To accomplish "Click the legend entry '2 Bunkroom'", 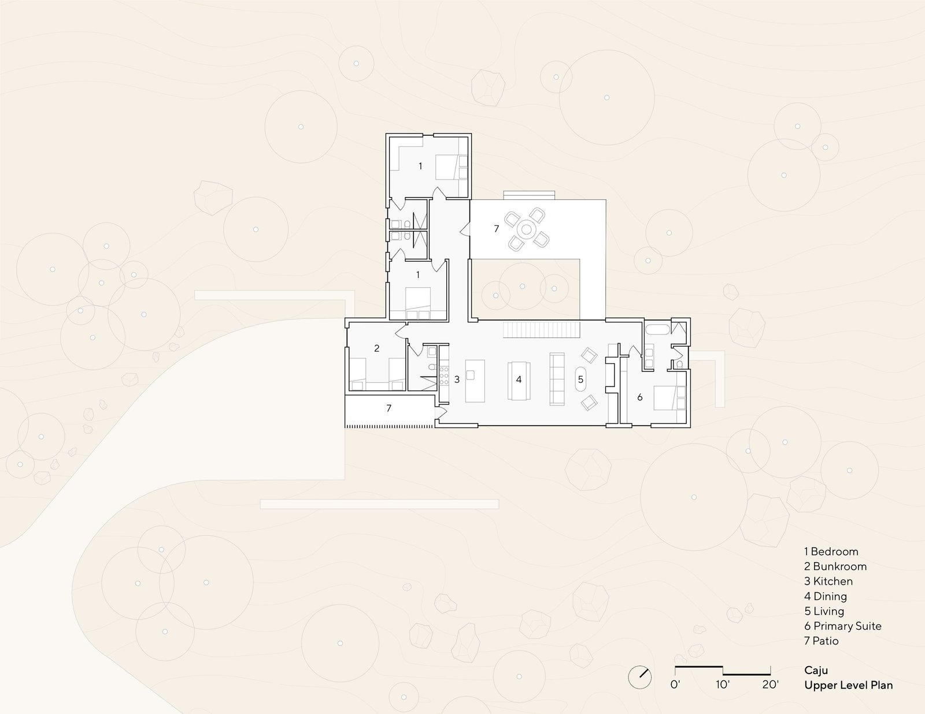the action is [835, 567].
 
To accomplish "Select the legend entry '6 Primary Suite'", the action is [842, 626].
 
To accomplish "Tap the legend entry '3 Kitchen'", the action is [828, 581].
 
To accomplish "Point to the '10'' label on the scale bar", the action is [723, 685].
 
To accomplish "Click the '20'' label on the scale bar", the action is [771, 685].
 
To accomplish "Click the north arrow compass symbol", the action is [640, 677].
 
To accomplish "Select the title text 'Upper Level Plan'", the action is [848, 685].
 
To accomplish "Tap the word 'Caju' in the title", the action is [816, 671].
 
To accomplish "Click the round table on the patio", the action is [527, 230].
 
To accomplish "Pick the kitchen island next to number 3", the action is [475, 381].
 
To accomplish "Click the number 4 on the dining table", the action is [519, 380].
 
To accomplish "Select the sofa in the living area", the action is [557, 378].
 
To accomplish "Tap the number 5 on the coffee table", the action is [580, 379].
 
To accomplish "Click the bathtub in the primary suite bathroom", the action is [658, 330].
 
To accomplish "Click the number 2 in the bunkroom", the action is [377, 348].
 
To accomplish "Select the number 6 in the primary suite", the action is [640, 397].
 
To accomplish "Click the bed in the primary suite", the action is [669, 398].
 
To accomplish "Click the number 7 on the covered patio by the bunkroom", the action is [388, 408].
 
